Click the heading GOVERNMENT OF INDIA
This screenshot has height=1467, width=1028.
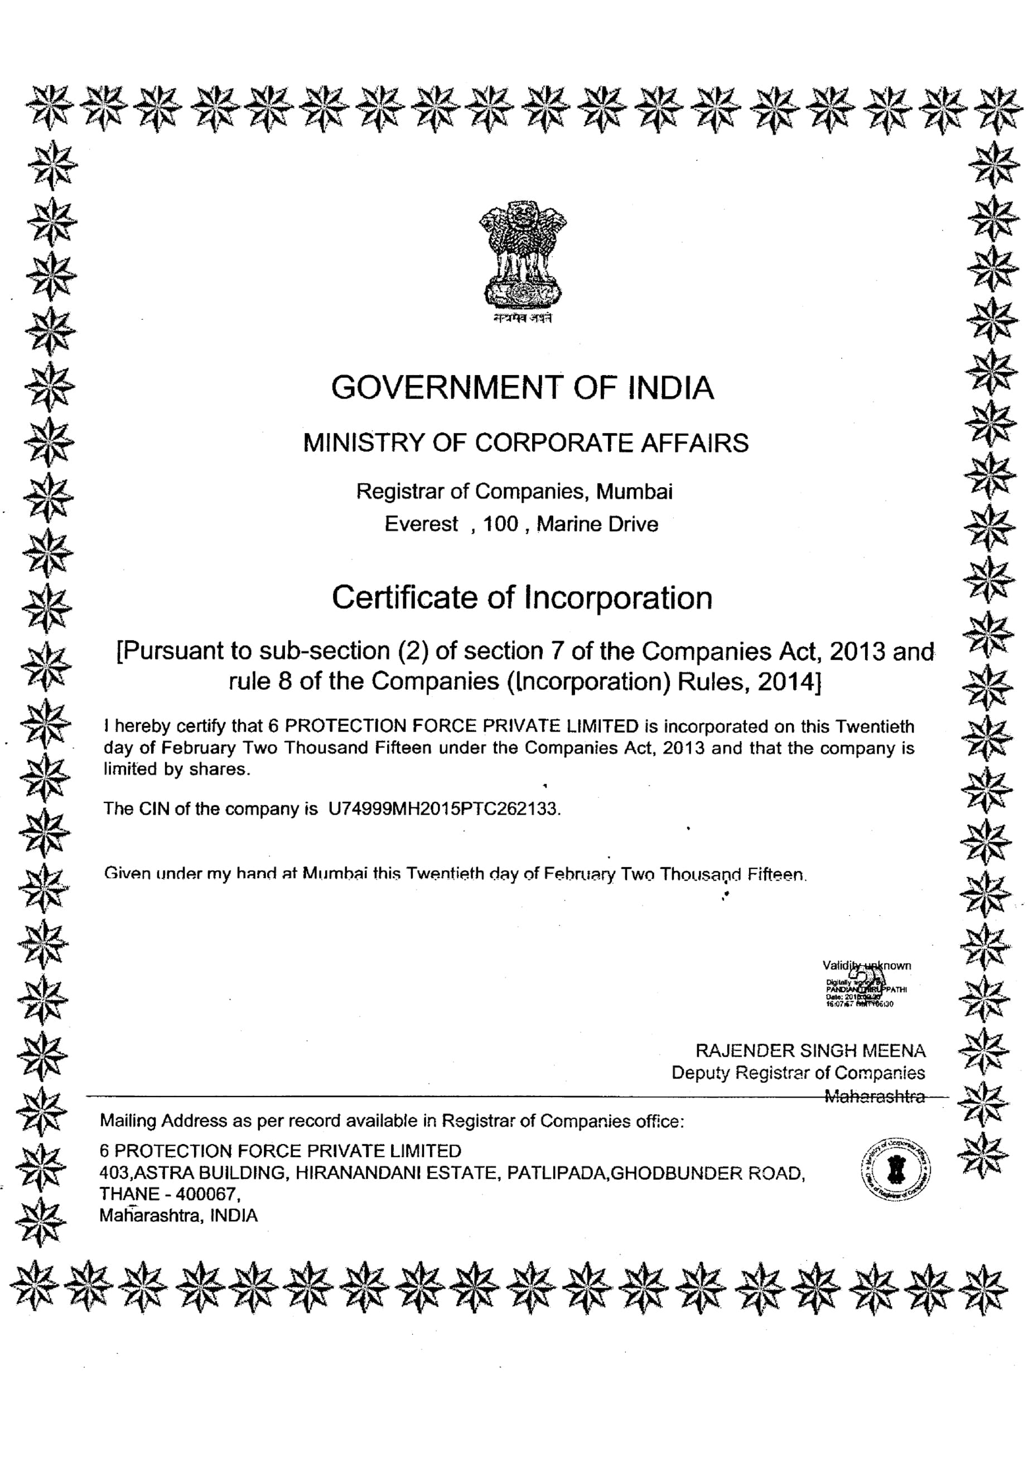coord(522,388)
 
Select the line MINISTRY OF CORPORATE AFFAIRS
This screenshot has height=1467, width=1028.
coord(525,443)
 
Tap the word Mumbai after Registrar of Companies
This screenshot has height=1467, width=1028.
coord(634,492)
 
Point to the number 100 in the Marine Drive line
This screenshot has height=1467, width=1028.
coord(500,524)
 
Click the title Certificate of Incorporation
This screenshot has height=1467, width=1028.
coord(522,598)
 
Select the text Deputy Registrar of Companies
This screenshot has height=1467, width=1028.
coord(798,1073)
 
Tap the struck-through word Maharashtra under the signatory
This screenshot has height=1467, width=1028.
coord(875,1096)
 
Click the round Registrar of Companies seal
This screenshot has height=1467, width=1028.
coord(896,1169)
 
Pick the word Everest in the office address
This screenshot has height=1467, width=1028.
coord(422,524)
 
